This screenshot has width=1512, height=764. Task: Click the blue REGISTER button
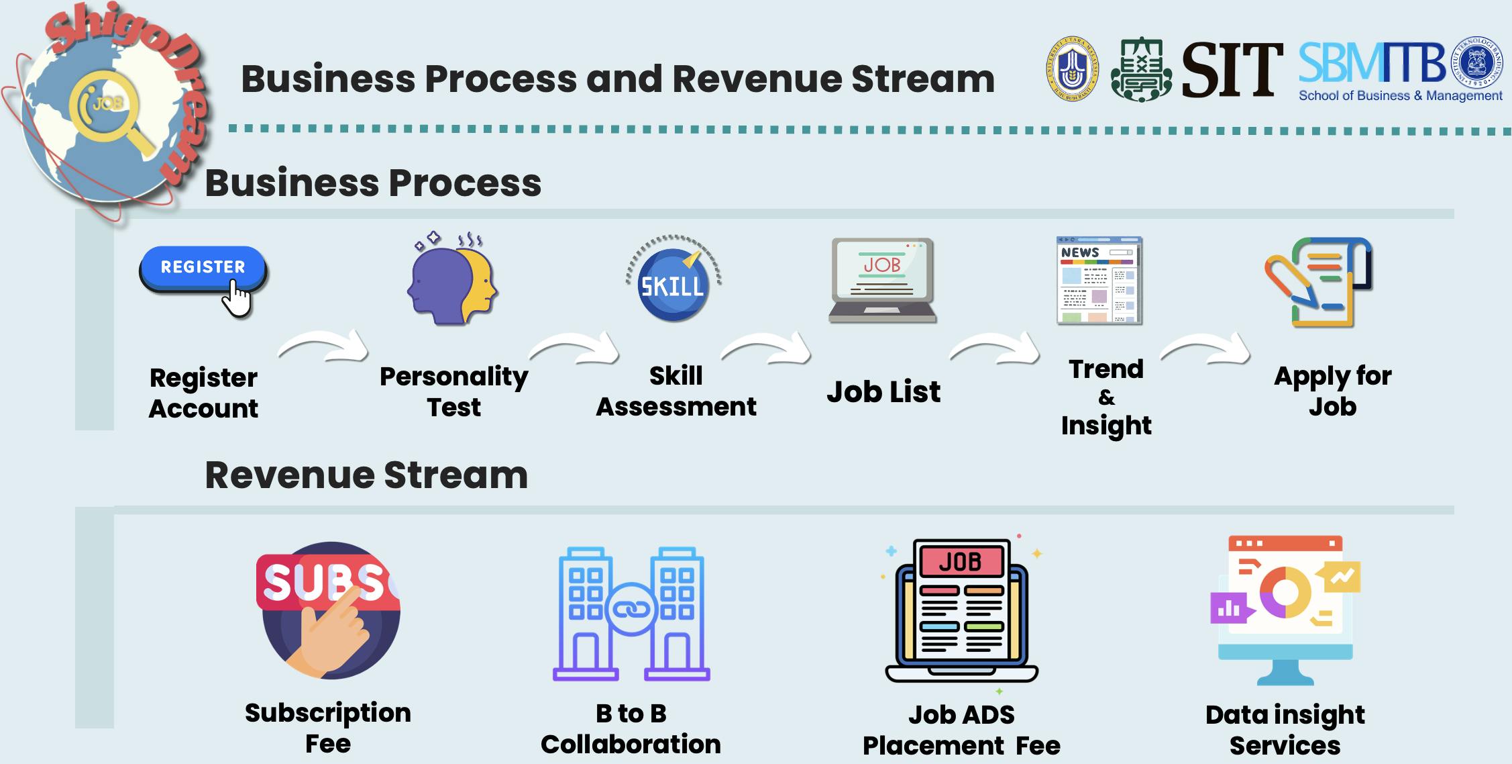tap(203, 268)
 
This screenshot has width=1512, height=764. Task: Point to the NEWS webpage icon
tap(1099, 281)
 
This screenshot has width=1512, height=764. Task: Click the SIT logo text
tap(1231, 70)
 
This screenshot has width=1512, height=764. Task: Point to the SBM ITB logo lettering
tap(1372, 63)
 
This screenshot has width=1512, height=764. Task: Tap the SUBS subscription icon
tap(329, 610)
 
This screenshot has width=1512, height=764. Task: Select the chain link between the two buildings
tap(631, 610)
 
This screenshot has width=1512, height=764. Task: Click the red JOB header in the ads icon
tap(961, 561)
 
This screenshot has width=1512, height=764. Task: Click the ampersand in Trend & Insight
tap(1107, 397)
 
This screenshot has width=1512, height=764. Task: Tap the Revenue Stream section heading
tap(366, 475)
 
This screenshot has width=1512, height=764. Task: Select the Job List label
tap(883, 391)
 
